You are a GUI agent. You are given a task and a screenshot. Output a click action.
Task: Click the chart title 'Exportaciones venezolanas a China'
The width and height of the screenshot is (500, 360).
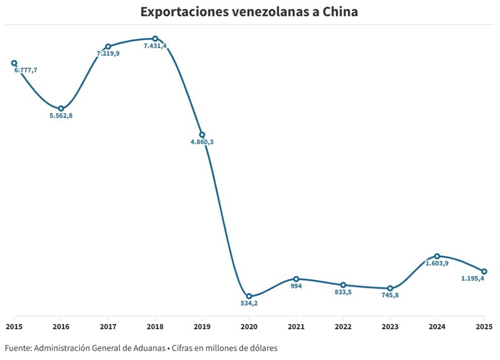(x=249, y=12)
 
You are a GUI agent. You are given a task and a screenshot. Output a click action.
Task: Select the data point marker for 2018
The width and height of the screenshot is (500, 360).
(x=155, y=39)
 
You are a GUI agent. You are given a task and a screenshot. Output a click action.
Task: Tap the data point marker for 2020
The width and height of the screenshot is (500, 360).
(x=249, y=296)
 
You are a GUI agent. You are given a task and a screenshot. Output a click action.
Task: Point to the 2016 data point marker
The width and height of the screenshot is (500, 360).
(x=61, y=109)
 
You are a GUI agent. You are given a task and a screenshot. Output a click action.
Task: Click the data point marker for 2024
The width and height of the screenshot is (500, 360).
(x=437, y=256)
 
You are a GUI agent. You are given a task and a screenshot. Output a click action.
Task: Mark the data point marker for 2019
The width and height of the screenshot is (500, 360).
(x=202, y=135)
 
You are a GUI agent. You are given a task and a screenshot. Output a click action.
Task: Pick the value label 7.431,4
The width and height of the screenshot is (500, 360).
(x=155, y=46)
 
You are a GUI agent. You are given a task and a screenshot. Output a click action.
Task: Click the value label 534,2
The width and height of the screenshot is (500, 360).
(x=249, y=304)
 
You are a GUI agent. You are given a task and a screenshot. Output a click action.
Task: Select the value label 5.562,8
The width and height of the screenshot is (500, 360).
(x=61, y=116)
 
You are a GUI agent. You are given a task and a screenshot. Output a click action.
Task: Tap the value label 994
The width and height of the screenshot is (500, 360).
(x=296, y=286)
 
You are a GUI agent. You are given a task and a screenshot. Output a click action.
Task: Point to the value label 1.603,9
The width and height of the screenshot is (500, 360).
(x=437, y=264)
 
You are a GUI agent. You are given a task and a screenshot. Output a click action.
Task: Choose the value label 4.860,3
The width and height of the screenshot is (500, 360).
(x=202, y=142)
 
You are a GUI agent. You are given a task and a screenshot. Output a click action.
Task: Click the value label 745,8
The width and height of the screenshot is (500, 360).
(x=390, y=295)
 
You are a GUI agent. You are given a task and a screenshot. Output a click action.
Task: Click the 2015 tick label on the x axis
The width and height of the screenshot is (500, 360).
(x=14, y=326)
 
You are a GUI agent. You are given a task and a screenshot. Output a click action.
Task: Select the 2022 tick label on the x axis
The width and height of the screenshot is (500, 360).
(x=343, y=326)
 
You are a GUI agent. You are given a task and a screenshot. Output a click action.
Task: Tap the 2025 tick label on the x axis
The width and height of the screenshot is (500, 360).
(x=484, y=326)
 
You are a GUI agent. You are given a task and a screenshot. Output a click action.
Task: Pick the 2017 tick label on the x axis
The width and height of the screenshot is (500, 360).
(x=108, y=326)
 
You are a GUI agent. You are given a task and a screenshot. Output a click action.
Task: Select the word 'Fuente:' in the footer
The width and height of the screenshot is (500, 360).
(x=18, y=348)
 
